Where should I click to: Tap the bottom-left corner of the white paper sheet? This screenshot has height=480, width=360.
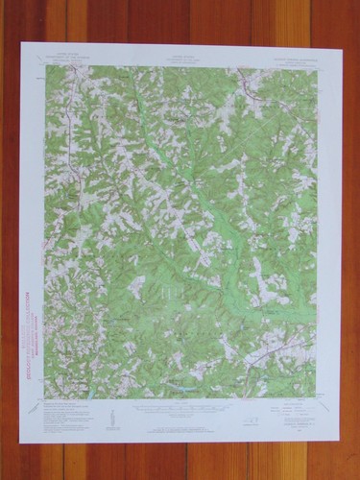(x=20, y=444)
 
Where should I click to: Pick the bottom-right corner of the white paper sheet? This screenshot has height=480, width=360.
(x=338, y=440)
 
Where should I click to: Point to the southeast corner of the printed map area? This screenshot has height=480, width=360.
(x=316, y=397)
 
